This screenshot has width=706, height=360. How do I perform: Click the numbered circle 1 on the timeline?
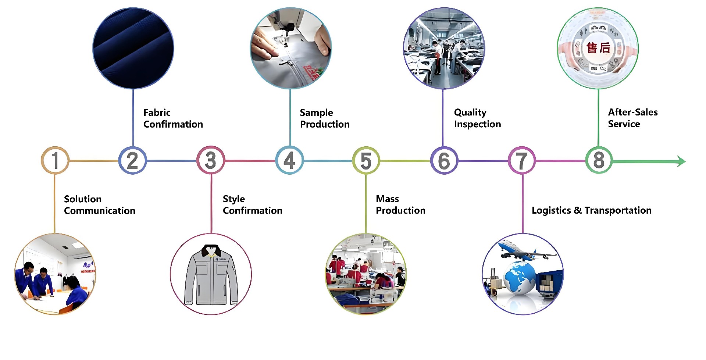55,160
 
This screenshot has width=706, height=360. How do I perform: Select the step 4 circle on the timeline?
289,160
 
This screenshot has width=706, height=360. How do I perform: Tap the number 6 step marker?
444,160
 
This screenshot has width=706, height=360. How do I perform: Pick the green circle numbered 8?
599,160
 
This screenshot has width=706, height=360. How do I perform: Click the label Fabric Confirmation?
173,118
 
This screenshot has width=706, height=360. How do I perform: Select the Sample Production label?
324,118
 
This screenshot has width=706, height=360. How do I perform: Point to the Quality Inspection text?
477,118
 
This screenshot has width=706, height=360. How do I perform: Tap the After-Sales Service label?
632,118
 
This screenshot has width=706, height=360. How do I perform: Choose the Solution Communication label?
99,205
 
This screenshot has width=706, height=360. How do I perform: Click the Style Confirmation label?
252,205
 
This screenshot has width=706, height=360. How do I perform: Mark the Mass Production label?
400,204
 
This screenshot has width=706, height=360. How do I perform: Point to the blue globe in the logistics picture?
519,278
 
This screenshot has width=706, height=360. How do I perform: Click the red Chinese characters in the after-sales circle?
598,48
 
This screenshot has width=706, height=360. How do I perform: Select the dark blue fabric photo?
133,49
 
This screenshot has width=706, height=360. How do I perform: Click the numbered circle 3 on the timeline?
211,160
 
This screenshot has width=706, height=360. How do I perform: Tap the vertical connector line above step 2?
133,118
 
